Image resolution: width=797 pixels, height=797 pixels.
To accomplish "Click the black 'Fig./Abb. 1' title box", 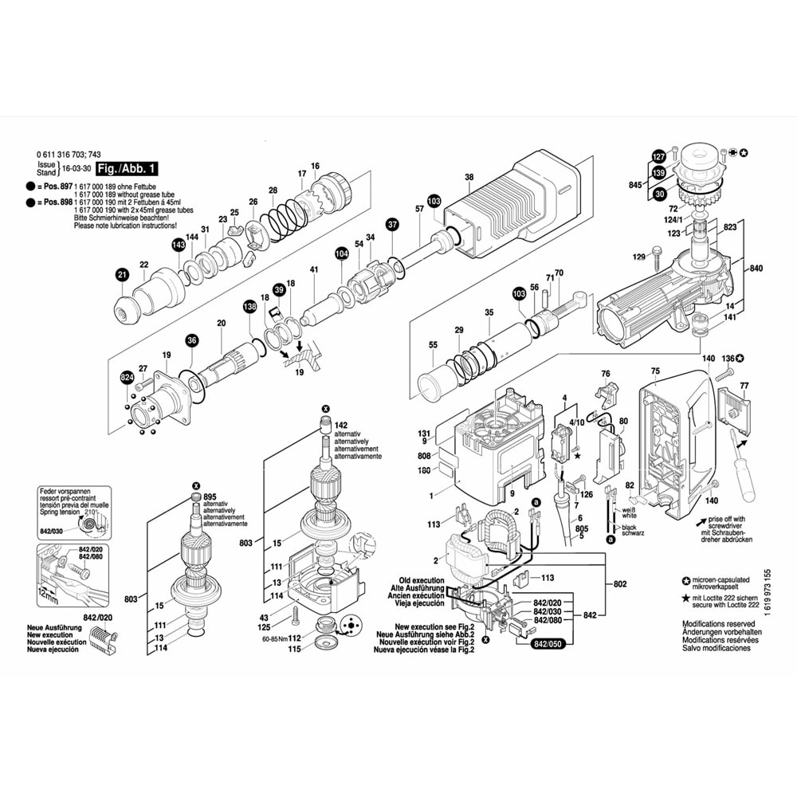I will click(127, 169).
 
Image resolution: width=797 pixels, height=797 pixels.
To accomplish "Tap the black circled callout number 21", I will click(121, 275).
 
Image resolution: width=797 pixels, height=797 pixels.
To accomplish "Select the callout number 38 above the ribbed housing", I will click(469, 177).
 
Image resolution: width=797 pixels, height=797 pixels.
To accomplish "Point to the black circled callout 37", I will click(392, 225).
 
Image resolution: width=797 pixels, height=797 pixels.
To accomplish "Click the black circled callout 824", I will click(127, 377).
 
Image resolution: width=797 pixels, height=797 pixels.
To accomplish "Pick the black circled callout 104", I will click(342, 253).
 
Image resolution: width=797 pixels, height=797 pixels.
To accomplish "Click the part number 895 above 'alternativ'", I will click(210, 497).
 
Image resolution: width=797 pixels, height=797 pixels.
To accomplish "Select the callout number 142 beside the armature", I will click(341, 426).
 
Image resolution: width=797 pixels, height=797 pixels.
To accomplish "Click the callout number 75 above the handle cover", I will click(655, 371).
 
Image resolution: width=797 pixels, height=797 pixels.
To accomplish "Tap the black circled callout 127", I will click(658, 156).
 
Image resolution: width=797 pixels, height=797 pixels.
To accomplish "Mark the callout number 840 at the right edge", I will click(756, 269).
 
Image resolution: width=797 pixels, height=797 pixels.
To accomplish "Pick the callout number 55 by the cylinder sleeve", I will click(434, 345).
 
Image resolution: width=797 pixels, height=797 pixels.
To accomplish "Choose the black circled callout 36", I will click(191, 341).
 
